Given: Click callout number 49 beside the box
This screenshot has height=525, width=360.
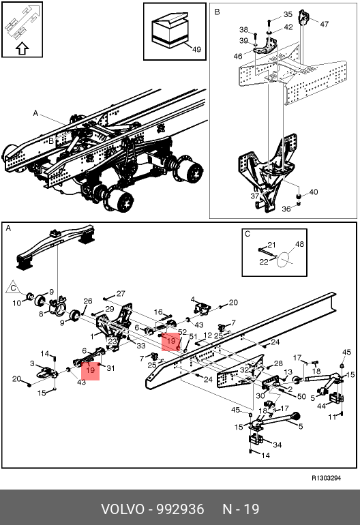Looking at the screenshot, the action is click(x=196, y=49).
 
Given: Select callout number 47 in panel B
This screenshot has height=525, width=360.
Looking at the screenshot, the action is click(x=324, y=24).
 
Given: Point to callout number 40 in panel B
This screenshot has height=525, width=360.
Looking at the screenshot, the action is click(x=314, y=192).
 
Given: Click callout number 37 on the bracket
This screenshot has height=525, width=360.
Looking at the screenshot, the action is click(x=255, y=196).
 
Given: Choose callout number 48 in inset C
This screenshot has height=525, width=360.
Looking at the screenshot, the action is click(x=299, y=244).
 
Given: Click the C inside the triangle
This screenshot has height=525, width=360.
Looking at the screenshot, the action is click(x=14, y=288).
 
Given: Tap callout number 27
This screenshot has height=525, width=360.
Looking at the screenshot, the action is click(x=121, y=294).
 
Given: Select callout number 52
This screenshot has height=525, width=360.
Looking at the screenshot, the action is click(x=182, y=332).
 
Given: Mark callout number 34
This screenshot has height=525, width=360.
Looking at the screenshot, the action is click(x=277, y=445).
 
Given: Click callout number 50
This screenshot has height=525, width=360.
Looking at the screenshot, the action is click(x=302, y=396).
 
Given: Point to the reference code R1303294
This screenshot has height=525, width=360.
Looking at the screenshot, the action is click(x=326, y=478).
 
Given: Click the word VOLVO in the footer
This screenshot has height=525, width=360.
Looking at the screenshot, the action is click(x=122, y=509).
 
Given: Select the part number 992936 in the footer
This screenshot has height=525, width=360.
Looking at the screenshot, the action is click(x=181, y=509).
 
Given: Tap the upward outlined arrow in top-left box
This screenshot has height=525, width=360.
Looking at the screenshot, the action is click(x=22, y=48).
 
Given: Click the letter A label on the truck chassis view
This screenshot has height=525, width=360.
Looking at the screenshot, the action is click(x=35, y=113).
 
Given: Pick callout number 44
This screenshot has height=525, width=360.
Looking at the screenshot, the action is click(x=322, y=406).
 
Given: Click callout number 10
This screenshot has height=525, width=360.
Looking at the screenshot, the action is click(x=17, y=303).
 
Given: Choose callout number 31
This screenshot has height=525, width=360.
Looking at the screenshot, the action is click(x=110, y=368).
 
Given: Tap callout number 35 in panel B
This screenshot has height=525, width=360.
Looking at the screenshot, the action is click(x=288, y=14).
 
